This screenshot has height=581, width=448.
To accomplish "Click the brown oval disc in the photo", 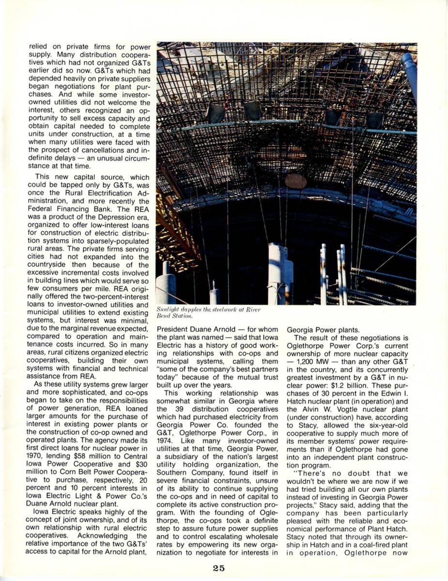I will (x=295, y=181).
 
